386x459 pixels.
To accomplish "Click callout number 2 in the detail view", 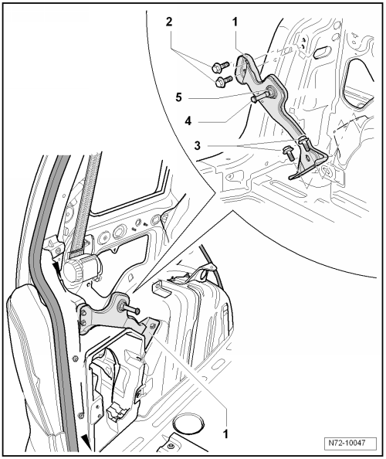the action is (169, 22).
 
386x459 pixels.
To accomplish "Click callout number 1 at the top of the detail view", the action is (235, 22).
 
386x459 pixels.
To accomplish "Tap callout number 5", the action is (178, 97).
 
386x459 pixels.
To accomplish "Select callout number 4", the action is (188, 121).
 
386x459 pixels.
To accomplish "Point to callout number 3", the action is (198, 145).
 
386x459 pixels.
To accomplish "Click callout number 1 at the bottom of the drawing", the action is (225, 433).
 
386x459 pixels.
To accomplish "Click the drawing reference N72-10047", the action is (350, 442).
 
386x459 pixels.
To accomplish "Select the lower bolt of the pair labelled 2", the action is (224, 81).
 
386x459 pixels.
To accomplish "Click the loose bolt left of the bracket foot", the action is (287, 153).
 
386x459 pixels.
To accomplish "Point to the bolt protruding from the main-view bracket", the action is (130, 308).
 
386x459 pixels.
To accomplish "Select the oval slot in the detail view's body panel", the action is (321, 53).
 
